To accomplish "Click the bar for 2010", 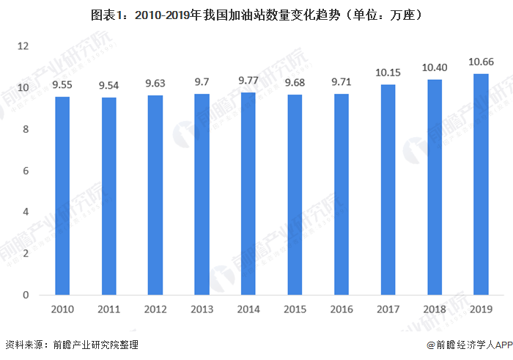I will (x=62, y=196).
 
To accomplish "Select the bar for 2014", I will (x=249, y=194).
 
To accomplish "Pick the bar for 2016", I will (x=342, y=194).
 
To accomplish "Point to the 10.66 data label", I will (x=481, y=62).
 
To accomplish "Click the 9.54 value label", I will (x=109, y=86).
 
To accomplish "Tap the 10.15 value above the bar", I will (x=388, y=73).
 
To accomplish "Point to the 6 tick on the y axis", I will (x=25, y=171).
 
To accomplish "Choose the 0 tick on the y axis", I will (x=25, y=295).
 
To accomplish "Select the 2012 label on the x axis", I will (x=155, y=309).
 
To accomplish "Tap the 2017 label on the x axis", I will (x=388, y=309).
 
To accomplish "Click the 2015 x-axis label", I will (x=295, y=309).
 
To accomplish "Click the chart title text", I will (x=256, y=14).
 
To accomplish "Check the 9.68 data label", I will (x=295, y=83).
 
